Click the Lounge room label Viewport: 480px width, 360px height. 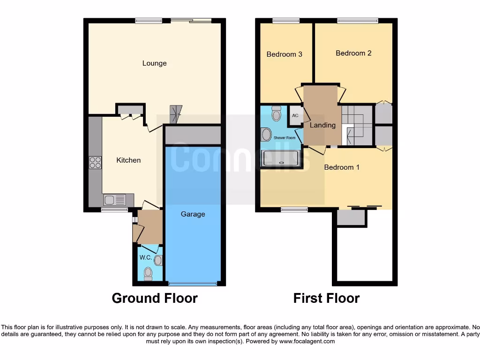[154, 63]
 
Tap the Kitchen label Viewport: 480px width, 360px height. [128, 160]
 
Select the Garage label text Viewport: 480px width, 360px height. [193, 214]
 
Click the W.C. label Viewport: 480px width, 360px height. [145, 258]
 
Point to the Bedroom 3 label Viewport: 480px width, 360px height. [284, 54]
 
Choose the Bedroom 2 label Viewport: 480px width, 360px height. [353, 53]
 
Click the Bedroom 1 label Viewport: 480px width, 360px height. [342, 167]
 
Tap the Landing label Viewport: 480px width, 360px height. [322, 125]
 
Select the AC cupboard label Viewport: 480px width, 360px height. [295, 115]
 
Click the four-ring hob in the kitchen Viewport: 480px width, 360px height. [95, 162]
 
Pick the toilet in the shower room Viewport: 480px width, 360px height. [276, 113]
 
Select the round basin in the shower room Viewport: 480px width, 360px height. [266, 135]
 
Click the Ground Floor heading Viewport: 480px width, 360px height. [155, 298]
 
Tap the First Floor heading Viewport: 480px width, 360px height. [326, 298]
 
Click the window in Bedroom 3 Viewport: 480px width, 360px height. [286, 21]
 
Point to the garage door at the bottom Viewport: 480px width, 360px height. [193, 284]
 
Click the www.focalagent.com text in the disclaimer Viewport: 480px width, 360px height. [307, 342]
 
